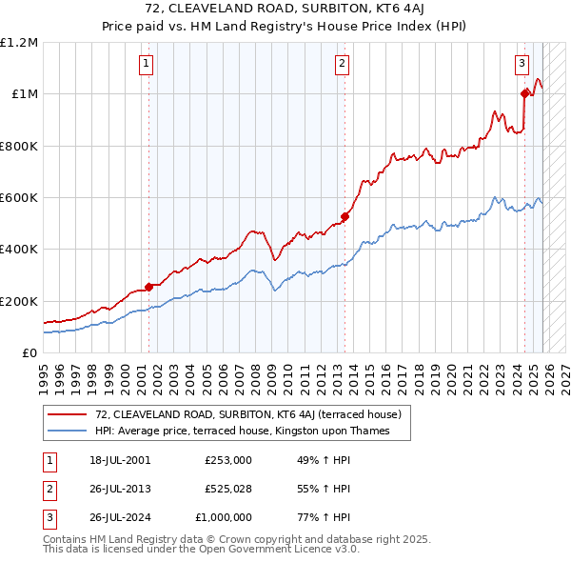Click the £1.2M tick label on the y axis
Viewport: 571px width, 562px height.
point(19,43)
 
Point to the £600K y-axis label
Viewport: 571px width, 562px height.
point(19,198)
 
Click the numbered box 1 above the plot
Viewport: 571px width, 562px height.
point(147,65)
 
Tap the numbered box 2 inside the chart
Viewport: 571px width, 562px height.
point(342,65)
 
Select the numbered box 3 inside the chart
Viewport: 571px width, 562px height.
point(522,65)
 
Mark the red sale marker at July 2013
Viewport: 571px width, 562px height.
point(345,217)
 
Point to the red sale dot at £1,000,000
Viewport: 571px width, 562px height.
point(524,93)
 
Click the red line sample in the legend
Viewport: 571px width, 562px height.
point(68,414)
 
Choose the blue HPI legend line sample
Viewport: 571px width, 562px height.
point(68,431)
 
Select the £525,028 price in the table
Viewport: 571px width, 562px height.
point(227,489)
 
